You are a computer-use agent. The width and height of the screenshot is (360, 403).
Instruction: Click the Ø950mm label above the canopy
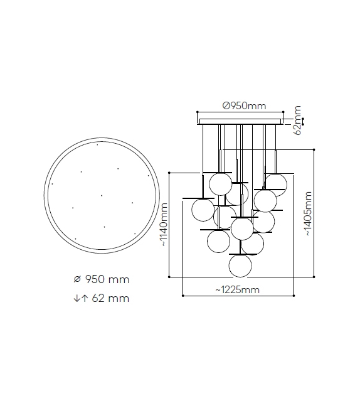(244, 106)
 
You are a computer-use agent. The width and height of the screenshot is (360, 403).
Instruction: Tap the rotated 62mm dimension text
(297, 120)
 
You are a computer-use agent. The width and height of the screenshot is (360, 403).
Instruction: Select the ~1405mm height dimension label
(308, 213)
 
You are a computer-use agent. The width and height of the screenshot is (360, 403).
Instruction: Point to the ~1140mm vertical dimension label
(164, 225)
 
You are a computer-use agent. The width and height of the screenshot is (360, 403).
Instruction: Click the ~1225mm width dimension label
(238, 289)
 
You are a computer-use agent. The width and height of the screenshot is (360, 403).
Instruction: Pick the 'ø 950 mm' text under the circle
(102, 279)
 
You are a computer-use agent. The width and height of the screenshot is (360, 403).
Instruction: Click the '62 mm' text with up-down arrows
(101, 298)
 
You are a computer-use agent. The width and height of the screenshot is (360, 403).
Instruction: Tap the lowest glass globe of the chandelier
(240, 266)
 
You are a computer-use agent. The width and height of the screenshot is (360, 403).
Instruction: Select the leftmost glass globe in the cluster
(203, 210)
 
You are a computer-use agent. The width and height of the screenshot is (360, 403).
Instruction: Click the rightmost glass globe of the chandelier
(276, 185)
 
